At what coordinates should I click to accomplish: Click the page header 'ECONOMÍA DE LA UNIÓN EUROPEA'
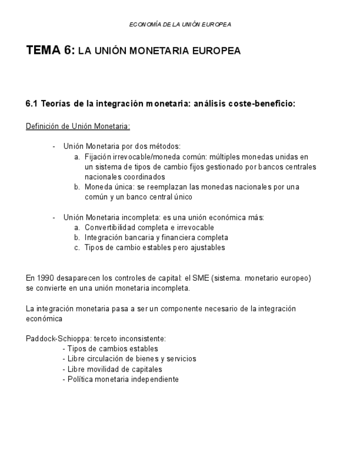pyautogui.click(x=180, y=25)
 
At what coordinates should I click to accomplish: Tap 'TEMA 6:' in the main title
pyautogui.click(x=50, y=51)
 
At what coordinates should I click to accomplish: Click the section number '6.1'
pyautogui.click(x=32, y=103)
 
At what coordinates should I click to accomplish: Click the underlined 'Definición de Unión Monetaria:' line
pyautogui.click(x=77, y=126)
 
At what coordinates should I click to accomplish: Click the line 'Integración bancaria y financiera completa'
pyautogui.click(x=156, y=237)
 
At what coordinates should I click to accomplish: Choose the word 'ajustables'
pyautogui.click(x=207, y=247)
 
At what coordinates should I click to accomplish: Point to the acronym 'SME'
pyautogui.click(x=198, y=278)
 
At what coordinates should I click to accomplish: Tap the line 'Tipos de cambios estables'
pyautogui.click(x=112, y=348)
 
